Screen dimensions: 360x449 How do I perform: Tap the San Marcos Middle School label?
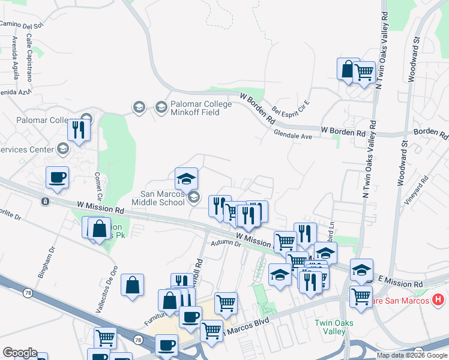tap(162, 197)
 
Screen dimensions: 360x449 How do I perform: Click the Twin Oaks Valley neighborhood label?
tap(330, 327)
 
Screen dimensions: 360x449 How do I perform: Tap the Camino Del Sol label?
tap(22, 25)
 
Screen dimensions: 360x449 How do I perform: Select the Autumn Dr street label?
tap(226, 244)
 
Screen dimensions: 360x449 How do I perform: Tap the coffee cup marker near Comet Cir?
tap(58, 177)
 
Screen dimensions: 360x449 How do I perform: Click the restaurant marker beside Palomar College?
tap(79, 129)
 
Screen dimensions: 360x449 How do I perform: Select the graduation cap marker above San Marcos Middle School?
tap(186, 178)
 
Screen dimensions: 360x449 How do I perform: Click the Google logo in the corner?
tap(20, 353)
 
